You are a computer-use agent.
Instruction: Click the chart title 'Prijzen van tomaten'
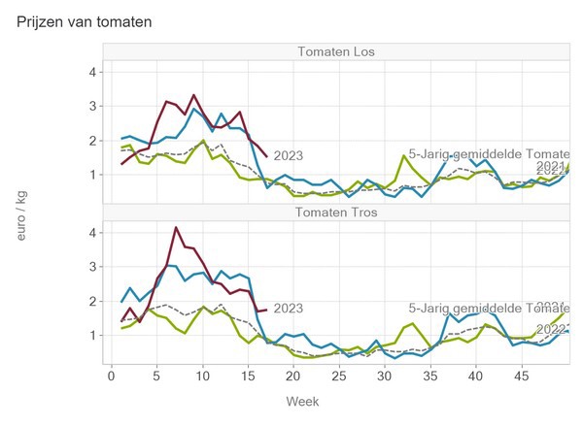click(84, 20)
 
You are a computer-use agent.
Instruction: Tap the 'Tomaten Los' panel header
click(336, 52)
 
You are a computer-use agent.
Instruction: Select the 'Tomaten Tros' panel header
click(336, 213)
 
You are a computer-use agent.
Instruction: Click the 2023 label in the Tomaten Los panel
click(289, 155)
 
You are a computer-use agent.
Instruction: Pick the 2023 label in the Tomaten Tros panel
click(289, 309)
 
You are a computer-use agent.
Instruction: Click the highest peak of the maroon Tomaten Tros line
click(176, 227)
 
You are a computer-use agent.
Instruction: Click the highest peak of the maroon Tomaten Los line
click(194, 95)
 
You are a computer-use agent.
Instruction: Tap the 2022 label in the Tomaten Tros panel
click(552, 329)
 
